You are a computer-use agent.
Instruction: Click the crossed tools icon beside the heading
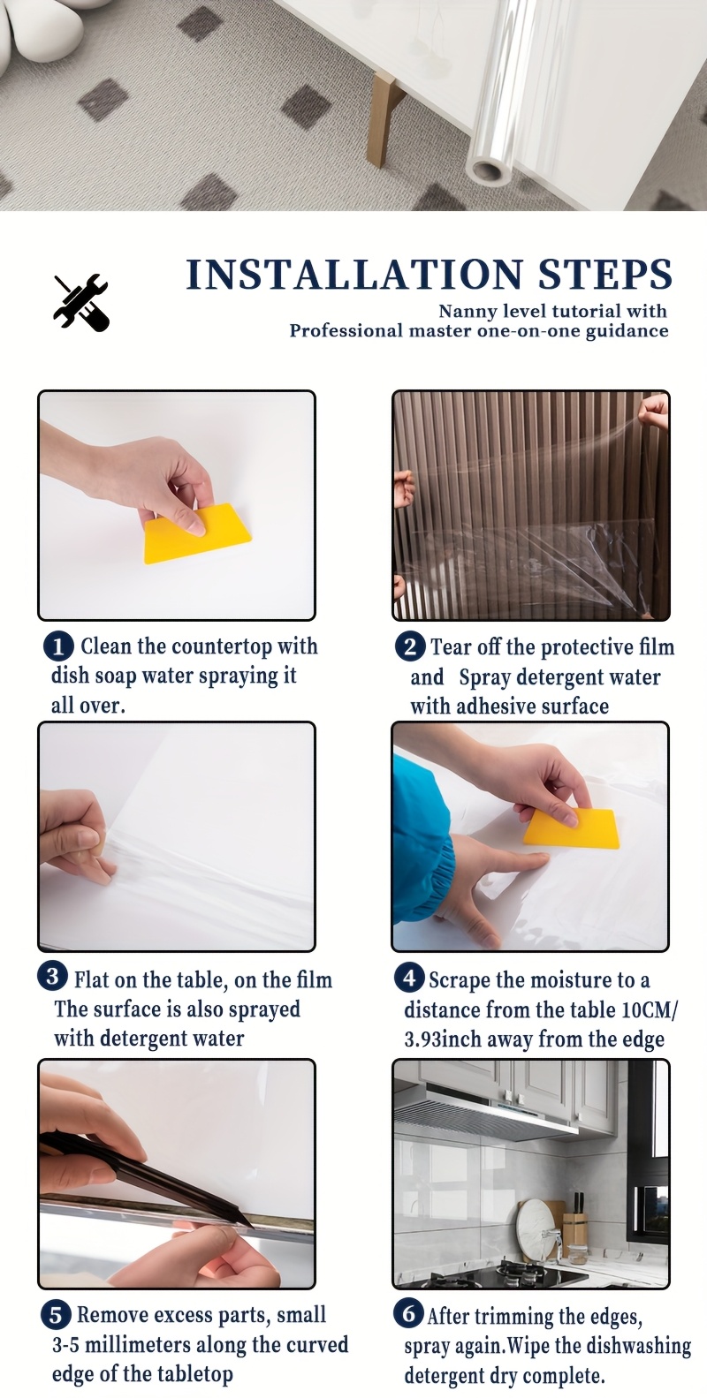tap(80, 302)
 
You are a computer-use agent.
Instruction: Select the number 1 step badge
tap(58, 646)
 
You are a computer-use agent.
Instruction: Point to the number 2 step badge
tap(410, 646)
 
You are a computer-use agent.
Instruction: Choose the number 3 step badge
tap(52, 977)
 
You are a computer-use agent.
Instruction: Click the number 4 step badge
tap(409, 978)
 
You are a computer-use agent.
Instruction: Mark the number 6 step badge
tap(408, 1314)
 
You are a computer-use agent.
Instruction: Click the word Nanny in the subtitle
tap(466, 311)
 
